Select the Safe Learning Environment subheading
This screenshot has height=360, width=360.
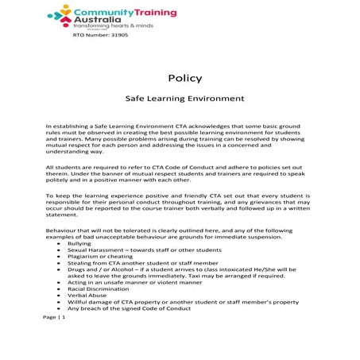184,101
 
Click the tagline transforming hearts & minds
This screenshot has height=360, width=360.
112,26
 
